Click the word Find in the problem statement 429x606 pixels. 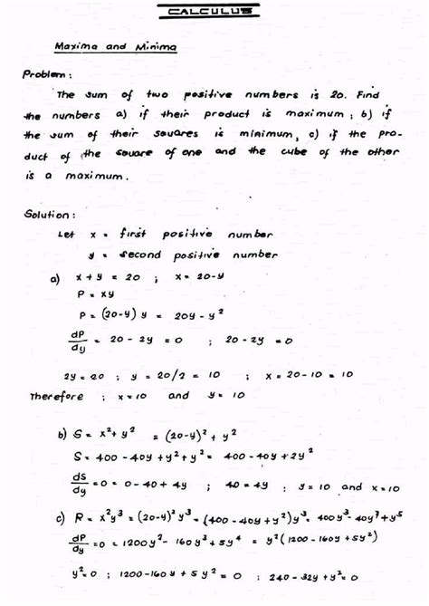click(368, 94)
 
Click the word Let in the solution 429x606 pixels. click(65, 234)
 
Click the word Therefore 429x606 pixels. click(58, 395)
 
